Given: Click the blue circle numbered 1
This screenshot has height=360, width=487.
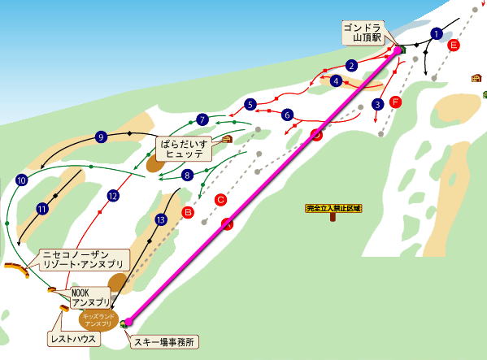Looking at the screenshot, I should pos(437,33).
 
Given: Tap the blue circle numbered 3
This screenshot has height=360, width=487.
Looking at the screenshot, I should pos(377,104).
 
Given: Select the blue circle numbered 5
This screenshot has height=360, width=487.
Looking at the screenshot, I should pos(250,104).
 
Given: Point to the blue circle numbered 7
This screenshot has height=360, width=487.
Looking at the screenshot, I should pos(202,119).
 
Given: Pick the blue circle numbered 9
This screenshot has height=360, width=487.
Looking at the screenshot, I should pos(101,137).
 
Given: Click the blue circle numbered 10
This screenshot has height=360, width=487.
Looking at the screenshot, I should pos(21,180).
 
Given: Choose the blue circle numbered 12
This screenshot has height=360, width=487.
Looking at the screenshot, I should pos(113,196).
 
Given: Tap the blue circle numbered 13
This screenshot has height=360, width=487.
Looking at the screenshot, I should pos(161,219).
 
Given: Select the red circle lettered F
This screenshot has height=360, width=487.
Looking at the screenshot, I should pos(396,102).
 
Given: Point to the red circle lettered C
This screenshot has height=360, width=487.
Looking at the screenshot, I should pos(220,199).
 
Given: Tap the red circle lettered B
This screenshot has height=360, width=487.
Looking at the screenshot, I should pos(188,212).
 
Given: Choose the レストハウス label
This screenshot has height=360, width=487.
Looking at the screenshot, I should pos(71,337).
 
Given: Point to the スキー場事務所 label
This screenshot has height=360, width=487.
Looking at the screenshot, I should pos(165,342).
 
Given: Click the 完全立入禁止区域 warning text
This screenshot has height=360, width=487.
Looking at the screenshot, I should pos(333,209).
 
